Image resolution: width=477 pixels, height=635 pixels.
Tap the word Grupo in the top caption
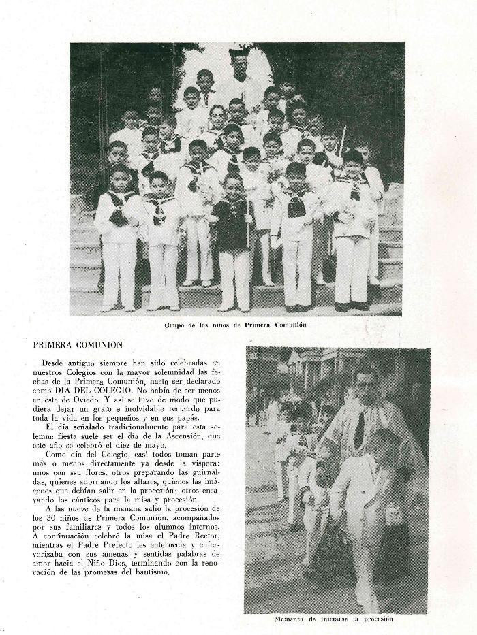(x=176, y=325)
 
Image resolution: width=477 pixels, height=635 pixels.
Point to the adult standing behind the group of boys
(x=239, y=75)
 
